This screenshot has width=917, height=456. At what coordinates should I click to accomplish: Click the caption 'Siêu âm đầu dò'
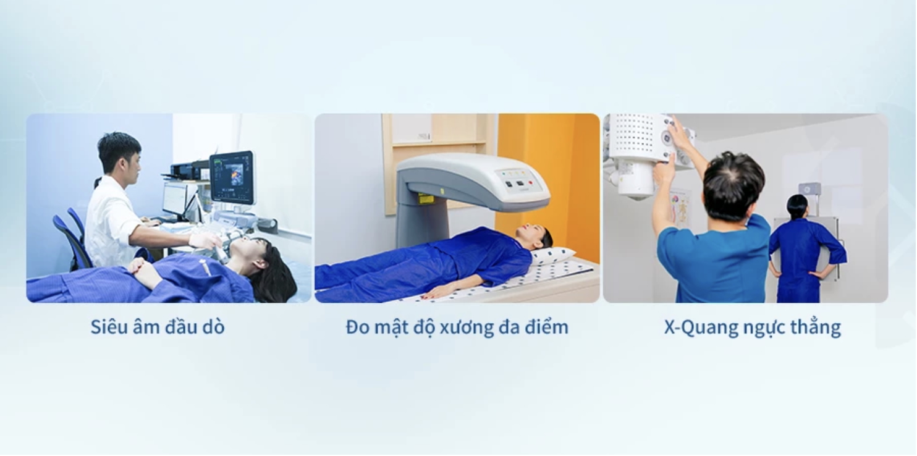click(158, 327)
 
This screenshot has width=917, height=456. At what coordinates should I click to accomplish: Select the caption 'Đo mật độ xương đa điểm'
click(457, 327)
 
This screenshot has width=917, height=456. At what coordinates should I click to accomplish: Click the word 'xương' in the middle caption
click(467, 328)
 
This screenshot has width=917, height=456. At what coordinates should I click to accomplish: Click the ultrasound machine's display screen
click(231, 177)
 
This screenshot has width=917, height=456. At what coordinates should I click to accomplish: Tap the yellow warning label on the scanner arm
click(426, 199)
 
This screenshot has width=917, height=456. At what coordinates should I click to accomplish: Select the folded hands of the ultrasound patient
click(143, 269)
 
